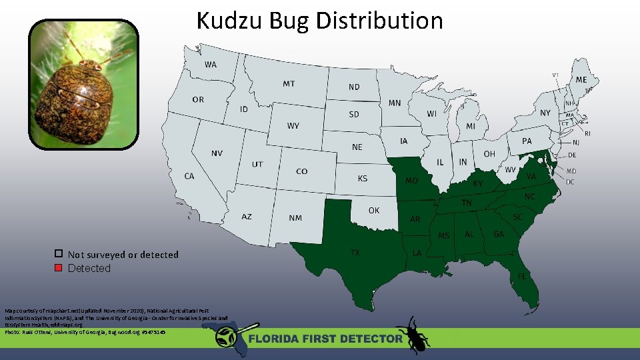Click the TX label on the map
click(x=355, y=252)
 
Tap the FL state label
click(x=522, y=275)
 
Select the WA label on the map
click(x=211, y=65)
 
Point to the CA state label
click(x=189, y=176)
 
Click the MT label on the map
click(x=289, y=83)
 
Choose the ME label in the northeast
click(x=581, y=79)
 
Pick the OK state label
click(x=374, y=210)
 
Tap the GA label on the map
click(x=498, y=234)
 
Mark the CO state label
click(x=302, y=171)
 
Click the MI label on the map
click(x=471, y=126)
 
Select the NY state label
click(x=545, y=113)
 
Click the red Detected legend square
click(x=59, y=268)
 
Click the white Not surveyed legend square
click(x=59, y=254)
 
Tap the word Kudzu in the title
click(x=230, y=21)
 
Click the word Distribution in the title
click(x=379, y=21)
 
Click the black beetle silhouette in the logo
click(x=413, y=333)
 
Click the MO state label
click(x=412, y=181)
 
